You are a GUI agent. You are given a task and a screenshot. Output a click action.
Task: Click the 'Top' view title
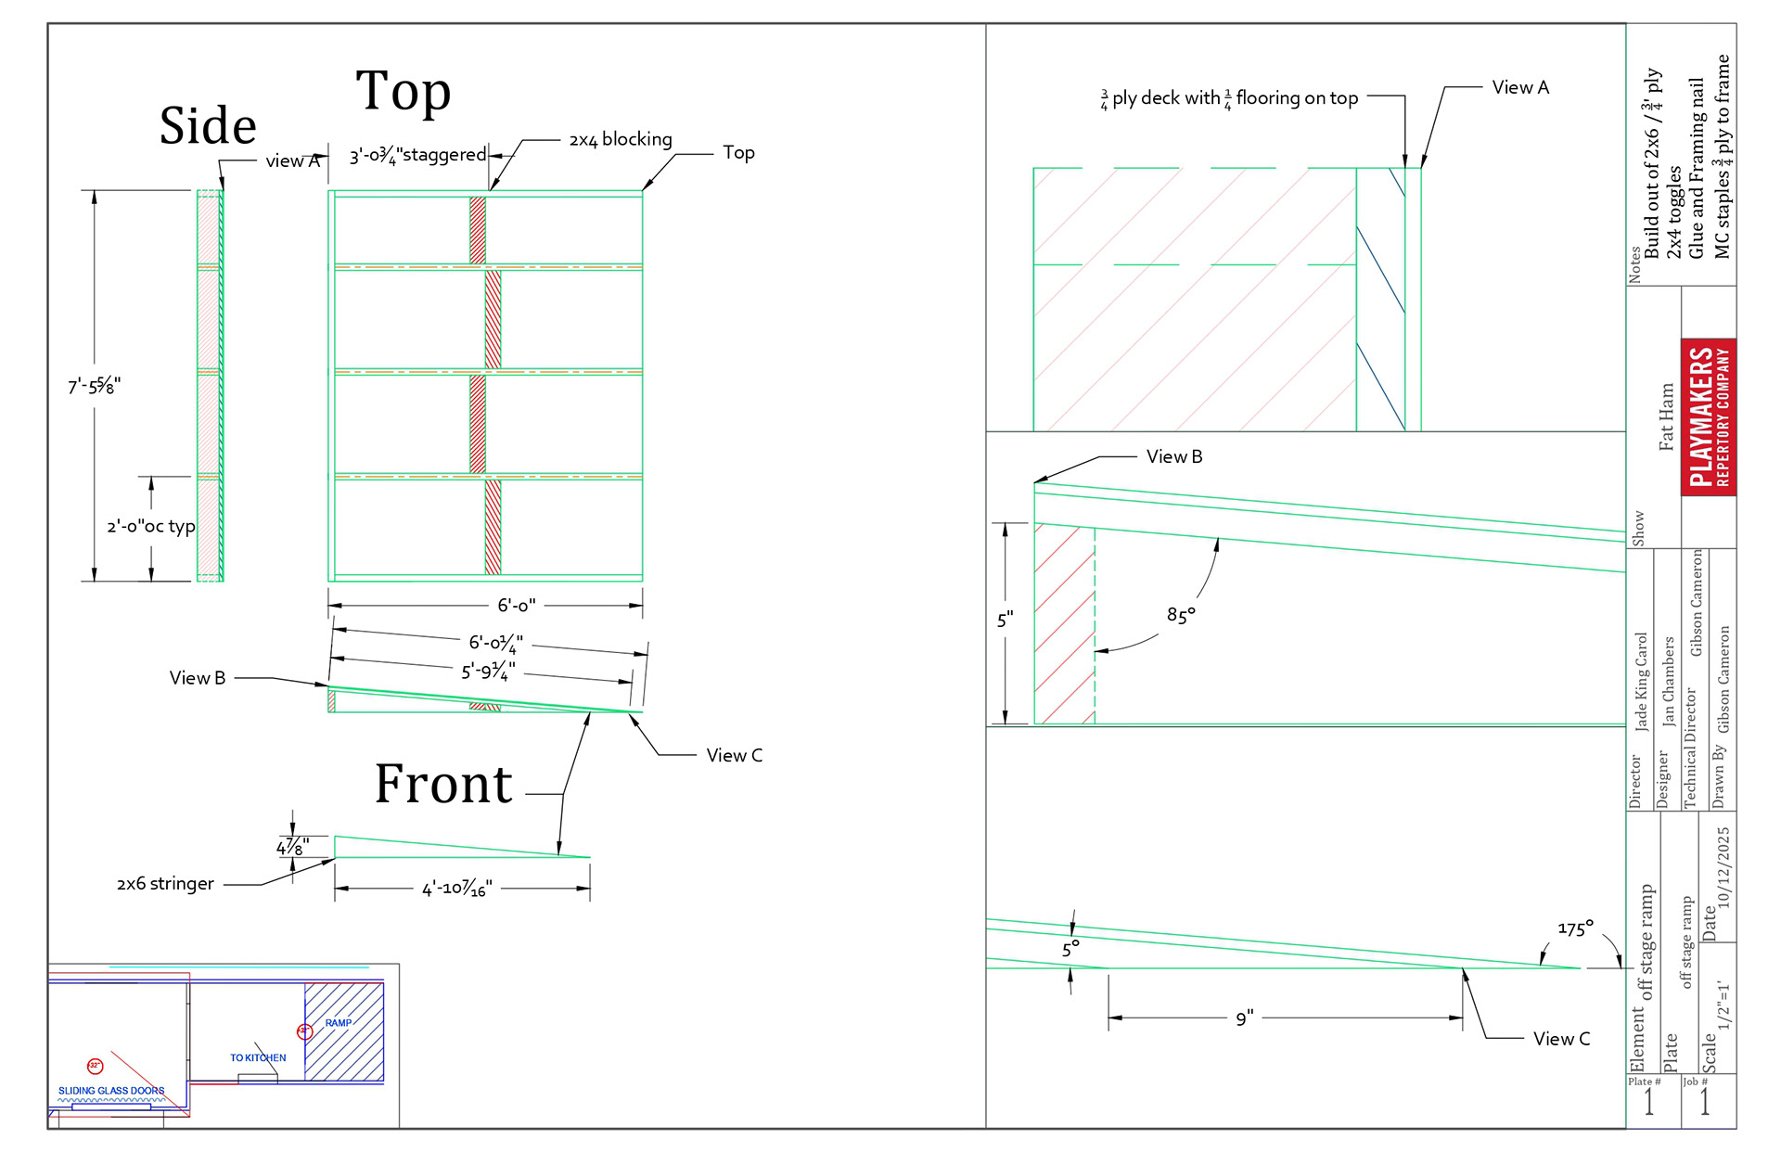[404, 91]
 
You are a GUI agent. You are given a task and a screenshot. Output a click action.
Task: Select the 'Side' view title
[208, 126]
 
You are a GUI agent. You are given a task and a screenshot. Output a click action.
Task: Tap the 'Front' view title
[443, 785]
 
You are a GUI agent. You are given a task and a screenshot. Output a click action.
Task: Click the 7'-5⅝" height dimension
[94, 386]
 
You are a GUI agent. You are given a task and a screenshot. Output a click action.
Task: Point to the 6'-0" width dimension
[516, 606]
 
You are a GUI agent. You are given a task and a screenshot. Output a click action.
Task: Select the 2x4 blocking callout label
[621, 139]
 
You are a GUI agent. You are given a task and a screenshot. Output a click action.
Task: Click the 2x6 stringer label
[165, 884]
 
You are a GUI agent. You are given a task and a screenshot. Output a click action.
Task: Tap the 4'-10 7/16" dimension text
[456, 889]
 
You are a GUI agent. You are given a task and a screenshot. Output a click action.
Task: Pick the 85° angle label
[1181, 615]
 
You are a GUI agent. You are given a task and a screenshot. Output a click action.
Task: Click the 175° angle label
[1575, 928]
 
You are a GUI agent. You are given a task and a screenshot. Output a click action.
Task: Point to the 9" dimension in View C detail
[1244, 1018]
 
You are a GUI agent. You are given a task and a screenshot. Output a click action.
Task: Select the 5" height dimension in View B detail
[1006, 620]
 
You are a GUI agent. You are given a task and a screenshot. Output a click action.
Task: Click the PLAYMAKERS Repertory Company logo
[1709, 416]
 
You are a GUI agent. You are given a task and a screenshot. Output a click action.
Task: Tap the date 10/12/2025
[1723, 867]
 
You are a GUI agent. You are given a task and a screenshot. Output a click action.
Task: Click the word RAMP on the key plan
[339, 1023]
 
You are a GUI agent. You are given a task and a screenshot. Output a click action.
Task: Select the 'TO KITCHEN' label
[258, 1057]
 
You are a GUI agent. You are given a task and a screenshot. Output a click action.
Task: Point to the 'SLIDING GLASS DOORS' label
[111, 1091]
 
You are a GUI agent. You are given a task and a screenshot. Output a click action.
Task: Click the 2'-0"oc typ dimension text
[151, 527]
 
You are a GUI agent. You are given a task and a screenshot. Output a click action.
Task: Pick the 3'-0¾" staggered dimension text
[417, 155]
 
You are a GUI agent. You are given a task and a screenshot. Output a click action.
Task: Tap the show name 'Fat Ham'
[1667, 417]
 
